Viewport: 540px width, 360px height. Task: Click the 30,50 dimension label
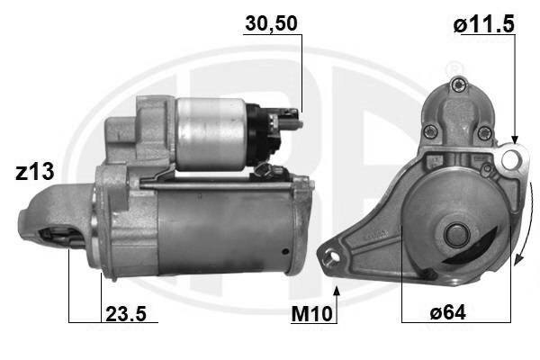tap(272, 24)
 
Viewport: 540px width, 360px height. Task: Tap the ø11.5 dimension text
tap(483, 25)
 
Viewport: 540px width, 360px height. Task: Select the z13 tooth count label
tap(35, 172)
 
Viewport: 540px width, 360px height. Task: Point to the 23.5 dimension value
tap(126, 314)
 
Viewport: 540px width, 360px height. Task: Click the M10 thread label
tap(312, 314)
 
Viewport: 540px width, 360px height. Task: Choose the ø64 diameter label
tap(447, 313)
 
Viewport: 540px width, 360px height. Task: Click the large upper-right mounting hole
tap(510, 159)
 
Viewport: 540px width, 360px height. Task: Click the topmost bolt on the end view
tap(458, 85)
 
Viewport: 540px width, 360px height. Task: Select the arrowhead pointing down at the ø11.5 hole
tap(515, 139)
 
